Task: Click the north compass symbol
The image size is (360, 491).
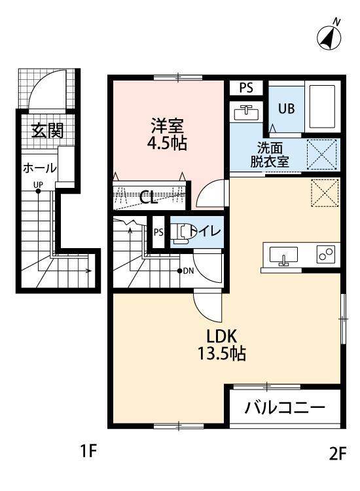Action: coord(330,37)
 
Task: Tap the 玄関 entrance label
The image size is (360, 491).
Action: coord(47,130)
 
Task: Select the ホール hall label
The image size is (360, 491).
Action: coord(40,168)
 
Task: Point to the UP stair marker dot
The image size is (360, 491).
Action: coord(38,191)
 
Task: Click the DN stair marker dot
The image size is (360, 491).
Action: coord(180,271)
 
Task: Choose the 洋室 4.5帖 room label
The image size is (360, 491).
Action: coord(169,134)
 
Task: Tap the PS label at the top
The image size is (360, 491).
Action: coord(246,88)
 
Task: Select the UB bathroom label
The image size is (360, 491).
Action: coord(287,109)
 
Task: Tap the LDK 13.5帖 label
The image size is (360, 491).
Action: coord(226,346)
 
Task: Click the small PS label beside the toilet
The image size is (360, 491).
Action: coord(158,232)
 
